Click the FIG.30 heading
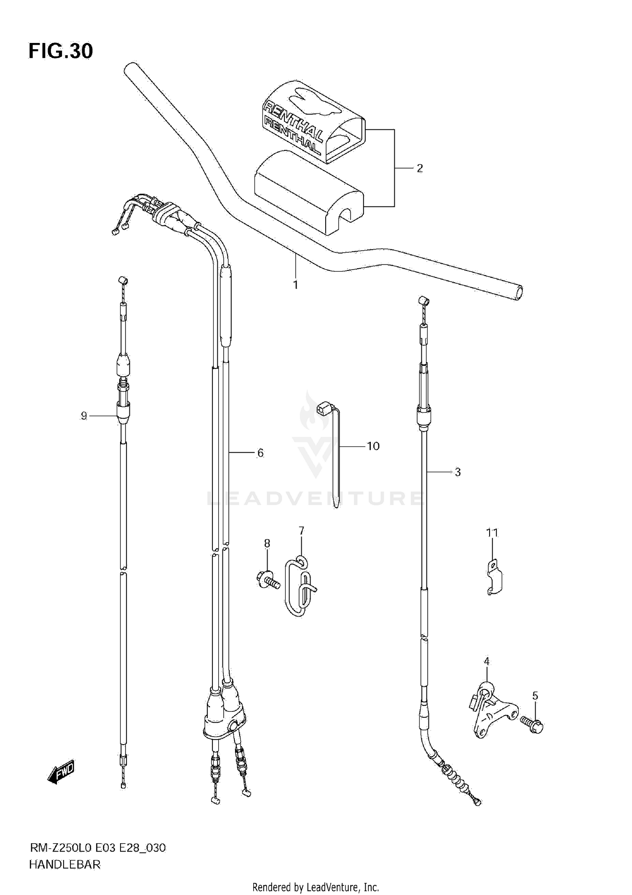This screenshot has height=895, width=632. click(x=61, y=51)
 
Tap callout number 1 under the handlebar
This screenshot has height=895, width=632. click(x=295, y=285)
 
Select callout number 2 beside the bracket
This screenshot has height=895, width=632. click(x=419, y=168)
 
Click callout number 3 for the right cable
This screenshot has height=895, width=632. click(x=458, y=472)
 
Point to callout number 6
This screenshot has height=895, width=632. click(x=260, y=453)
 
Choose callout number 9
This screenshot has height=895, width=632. click(x=84, y=416)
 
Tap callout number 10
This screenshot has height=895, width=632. click(x=373, y=446)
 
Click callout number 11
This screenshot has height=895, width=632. click(x=492, y=533)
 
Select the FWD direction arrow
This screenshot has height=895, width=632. click(x=61, y=772)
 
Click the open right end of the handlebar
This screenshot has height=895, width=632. click(x=519, y=292)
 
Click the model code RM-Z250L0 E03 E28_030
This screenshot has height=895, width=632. click(x=97, y=848)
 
